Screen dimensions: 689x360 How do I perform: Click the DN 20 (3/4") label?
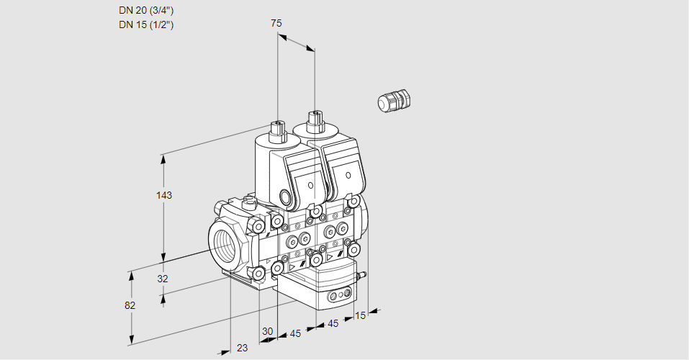point(146,11)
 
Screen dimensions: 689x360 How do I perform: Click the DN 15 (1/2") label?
point(146,24)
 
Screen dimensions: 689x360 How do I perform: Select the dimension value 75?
point(276,23)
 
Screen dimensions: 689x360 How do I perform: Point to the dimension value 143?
point(164,195)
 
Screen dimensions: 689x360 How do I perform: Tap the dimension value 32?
point(163,279)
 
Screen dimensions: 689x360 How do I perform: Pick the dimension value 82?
point(130,305)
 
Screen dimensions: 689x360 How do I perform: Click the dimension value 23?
point(242,348)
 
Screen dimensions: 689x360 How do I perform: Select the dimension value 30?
point(267,331)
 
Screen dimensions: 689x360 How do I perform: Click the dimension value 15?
point(360,315)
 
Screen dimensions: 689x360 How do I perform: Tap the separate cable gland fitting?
point(394,100)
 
